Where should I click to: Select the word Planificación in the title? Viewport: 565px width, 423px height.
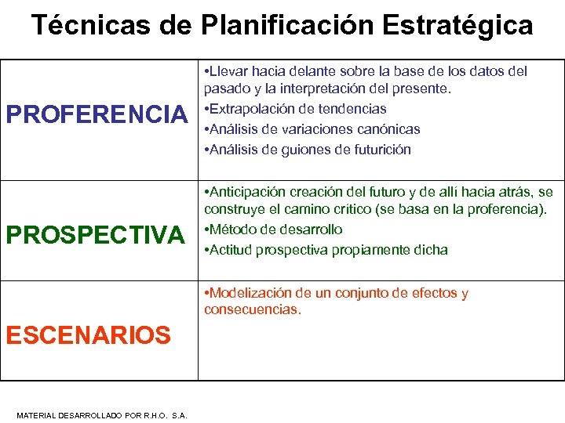[288, 25]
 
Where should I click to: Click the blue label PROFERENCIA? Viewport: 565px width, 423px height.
[97, 114]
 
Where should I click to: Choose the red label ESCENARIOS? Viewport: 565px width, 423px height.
[88, 335]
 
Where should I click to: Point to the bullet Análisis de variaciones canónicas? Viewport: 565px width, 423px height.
[312, 129]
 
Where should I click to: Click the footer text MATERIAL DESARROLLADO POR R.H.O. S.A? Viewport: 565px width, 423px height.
[102, 415]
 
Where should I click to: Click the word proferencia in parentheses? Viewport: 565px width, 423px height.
[500, 209]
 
